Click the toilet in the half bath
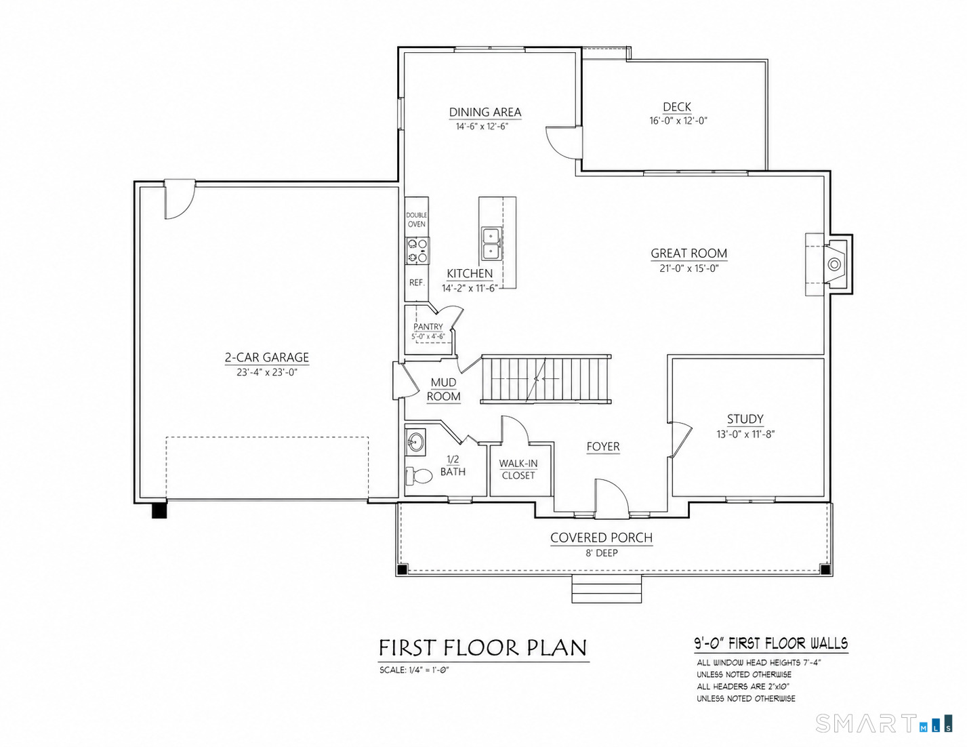[x=419, y=476]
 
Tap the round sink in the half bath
[x=415, y=442]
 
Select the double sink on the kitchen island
[x=491, y=243]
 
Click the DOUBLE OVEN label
[x=417, y=220]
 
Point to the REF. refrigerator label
[x=417, y=282]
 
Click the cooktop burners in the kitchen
[x=417, y=251]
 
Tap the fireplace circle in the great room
[x=834, y=265]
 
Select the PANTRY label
[x=428, y=326]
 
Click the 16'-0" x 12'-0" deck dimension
[x=678, y=121]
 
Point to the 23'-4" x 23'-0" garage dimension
[x=266, y=371]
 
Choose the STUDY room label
[x=745, y=419]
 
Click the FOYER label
[x=603, y=446]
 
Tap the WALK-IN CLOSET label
[x=518, y=469]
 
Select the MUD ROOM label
[x=444, y=390]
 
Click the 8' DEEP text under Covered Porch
[x=602, y=553]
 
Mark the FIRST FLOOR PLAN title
[x=483, y=648]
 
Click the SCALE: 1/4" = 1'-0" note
[x=414, y=670]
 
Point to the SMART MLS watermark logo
[x=884, y=723]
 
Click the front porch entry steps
[x=606, y=589]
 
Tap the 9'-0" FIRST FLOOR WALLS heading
[x=771, y=643]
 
